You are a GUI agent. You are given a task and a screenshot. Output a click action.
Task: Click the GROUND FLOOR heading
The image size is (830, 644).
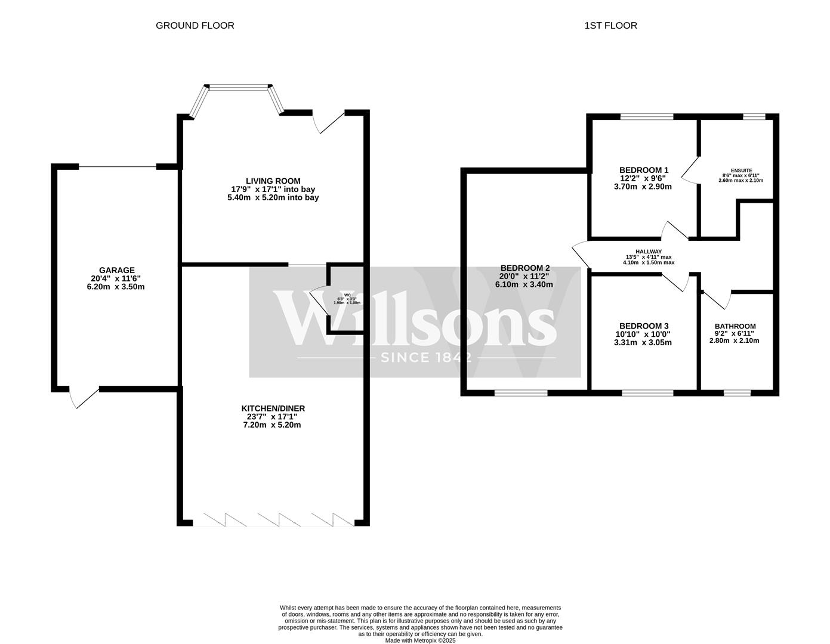(x=195, y=26)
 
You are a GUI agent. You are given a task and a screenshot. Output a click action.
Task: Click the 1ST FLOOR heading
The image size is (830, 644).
(x=610, y=26)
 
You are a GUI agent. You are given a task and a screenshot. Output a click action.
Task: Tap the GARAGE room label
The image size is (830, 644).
(x=116, y=270)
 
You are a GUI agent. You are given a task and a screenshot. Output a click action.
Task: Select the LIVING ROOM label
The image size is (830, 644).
(x=273, y=181)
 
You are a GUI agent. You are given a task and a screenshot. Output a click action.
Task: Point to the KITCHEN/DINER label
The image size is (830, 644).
(x=273, y=408)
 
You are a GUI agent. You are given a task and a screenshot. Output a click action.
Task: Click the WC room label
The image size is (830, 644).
(x=347, y=295)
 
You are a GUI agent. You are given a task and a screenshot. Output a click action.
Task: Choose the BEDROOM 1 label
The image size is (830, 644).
(x=644, y=170)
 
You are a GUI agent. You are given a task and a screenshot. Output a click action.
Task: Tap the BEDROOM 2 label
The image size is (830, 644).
(x=524, y=268)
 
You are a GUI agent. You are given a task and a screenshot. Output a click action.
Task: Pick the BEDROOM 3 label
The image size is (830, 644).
(x=644, y=326)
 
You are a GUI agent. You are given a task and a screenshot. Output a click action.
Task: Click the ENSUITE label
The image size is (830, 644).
(x=740, y=170)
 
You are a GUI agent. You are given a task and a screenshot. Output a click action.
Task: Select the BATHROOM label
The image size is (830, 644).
(x=735, y=326)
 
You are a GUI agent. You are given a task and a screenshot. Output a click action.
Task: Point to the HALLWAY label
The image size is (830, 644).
(x=648, y=252)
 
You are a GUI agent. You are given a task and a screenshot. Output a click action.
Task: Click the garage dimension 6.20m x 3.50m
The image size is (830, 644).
(x=116, y=287)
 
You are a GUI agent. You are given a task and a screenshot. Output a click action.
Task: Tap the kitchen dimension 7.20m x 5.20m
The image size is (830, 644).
(x=272, y=425)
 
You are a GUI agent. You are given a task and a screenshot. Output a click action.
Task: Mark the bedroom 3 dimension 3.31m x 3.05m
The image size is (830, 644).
(x=643, y=343)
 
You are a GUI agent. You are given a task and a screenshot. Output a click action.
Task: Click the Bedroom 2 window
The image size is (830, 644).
(x=520, y=392)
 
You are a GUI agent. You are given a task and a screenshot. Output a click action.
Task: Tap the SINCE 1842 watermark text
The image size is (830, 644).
(x=426, y=358)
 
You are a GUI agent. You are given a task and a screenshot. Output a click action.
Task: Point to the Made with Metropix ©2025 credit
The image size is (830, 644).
(x=420, y=640)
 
